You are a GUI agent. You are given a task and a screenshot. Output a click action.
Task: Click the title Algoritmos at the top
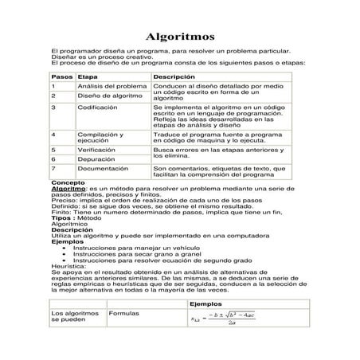click(180, 37)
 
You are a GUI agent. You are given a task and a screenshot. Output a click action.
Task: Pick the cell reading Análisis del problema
click(112, 85)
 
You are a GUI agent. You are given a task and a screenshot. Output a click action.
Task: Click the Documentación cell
click(103, 169)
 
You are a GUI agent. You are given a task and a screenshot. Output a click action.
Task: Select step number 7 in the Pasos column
click(53, 169)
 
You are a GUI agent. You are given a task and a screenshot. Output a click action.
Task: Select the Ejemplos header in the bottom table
click(208, 304)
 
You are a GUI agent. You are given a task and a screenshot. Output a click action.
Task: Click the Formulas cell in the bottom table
click(123, 315)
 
